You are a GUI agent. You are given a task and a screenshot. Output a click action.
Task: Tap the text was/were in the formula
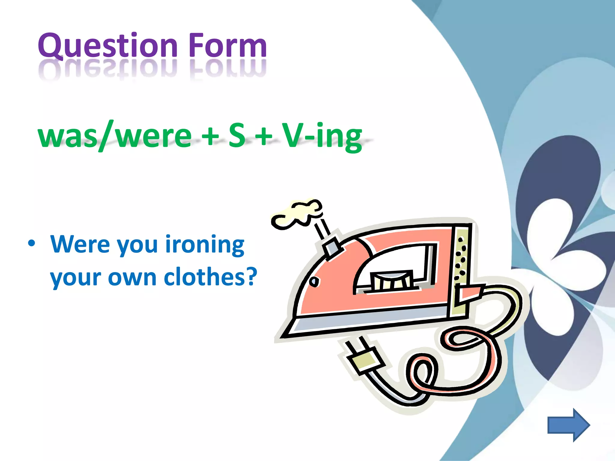(114, 136)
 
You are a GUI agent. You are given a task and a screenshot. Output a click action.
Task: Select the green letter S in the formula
(237, 135)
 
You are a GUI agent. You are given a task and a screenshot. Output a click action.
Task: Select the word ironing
(205, 245)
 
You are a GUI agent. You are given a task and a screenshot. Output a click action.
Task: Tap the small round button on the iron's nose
(314, 282)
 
